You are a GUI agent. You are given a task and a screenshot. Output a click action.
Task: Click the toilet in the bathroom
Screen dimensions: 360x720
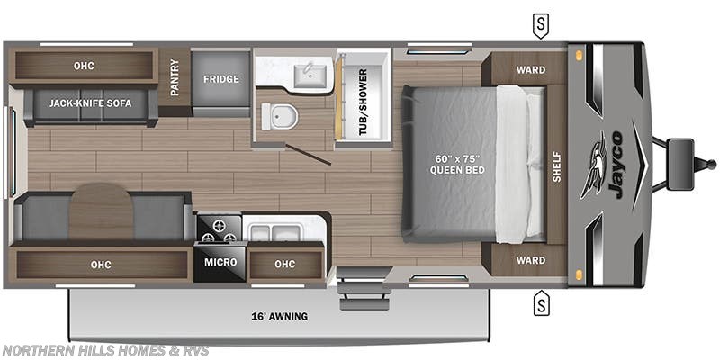[x=275, y=115]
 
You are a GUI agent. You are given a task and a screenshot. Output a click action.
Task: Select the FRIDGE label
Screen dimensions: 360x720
[x=220, y=79]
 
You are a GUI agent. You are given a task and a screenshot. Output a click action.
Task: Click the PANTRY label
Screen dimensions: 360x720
[x=175, y=79]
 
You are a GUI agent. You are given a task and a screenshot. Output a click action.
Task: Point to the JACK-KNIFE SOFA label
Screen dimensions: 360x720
[x=91, y=103]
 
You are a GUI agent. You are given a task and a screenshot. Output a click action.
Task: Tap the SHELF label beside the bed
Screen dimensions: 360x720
[x=556, y=166]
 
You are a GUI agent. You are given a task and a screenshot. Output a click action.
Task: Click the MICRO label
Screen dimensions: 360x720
[x=220, y=262]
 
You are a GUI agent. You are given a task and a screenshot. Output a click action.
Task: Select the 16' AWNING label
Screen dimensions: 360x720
[x=279, y=316]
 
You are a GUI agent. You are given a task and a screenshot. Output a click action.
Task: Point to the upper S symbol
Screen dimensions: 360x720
[x=540, y=25]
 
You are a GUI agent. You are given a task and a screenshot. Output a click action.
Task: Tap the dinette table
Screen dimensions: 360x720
[x=101, y=210]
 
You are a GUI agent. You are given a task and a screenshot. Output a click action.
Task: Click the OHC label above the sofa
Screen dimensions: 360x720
[x=84, y=66]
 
